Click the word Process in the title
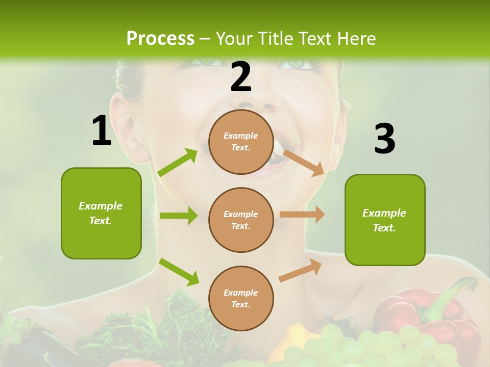pos(160,39)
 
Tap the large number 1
pos(102,131)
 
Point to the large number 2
pos(241,77)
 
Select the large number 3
pos(384,139)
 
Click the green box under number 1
pos(101,213)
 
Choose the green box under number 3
pos(385,220)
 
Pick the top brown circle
pos(241,142)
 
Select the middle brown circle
pos(241,220)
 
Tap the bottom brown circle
pos(241,298)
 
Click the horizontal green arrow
pos(179,216)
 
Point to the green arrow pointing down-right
pos(179,272)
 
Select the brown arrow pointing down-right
pos(304,162)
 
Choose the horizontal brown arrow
pos(302,215)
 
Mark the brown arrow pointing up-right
pos(301,270)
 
